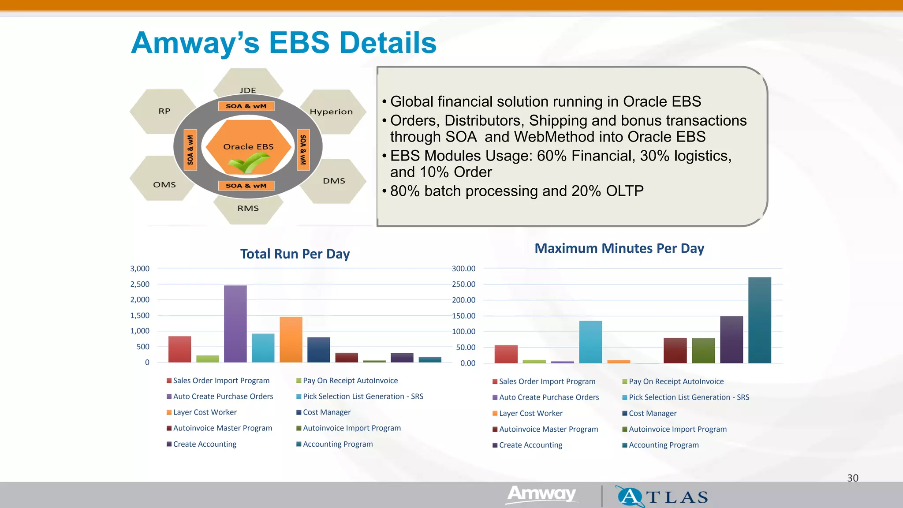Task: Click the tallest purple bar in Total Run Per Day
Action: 235,324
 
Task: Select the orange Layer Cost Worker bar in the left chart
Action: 291,340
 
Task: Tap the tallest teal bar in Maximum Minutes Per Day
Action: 759,320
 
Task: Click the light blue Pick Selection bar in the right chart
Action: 590,342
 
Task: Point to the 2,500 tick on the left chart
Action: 140,284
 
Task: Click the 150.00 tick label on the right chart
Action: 463,316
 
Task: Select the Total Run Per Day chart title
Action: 295,254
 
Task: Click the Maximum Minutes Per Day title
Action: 619,248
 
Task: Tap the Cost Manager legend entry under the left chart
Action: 326,412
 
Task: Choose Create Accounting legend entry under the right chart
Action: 530,445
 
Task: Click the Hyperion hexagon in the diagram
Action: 332,112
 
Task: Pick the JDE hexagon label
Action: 248,90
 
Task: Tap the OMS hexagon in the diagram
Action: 164,184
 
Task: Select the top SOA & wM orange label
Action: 246,106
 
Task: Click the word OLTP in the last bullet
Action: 624,191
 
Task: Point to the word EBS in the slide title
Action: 299,43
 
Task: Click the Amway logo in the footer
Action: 541,494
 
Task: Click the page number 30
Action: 852,478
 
